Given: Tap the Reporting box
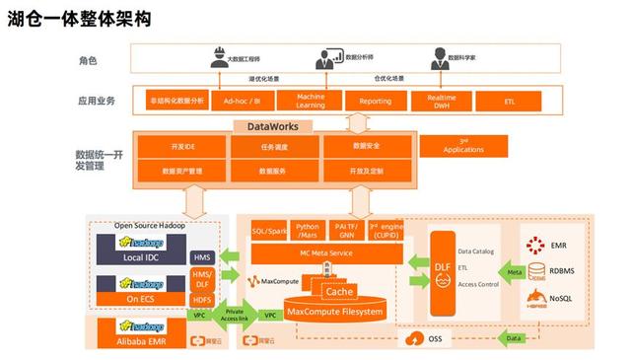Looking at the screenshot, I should click(375, 101).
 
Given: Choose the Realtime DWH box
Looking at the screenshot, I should click(440, 101).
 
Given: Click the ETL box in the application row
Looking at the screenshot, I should click(508, 101).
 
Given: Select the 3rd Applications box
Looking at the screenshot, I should click(463, 146).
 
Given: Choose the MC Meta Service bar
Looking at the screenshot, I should click(324, 253).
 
